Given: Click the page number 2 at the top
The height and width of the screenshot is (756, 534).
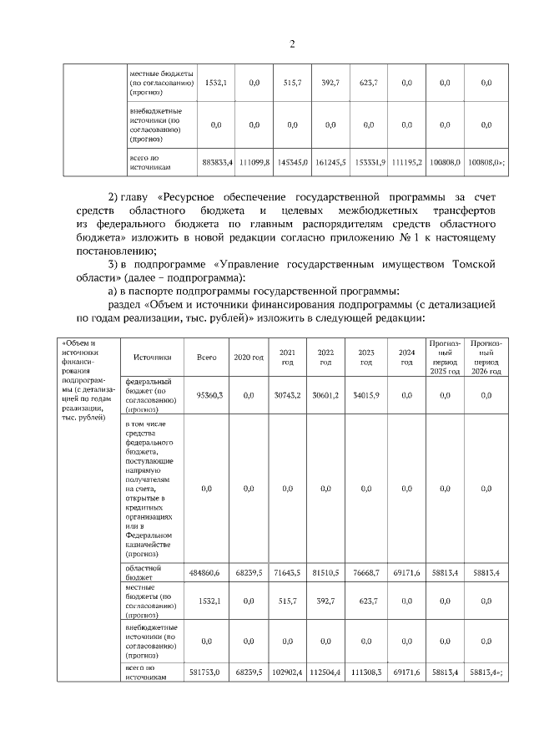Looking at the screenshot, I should (x=292, y=44).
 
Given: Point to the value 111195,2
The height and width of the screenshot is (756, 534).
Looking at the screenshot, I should (x=406, y=162).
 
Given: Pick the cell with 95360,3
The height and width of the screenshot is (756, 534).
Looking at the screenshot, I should (x=208, y=396).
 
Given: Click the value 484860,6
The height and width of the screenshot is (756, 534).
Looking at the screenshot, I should (x=208, y=574).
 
